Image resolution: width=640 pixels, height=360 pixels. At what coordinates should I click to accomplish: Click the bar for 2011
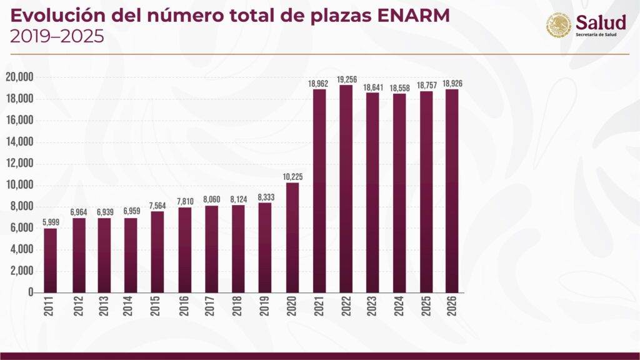[50, 260]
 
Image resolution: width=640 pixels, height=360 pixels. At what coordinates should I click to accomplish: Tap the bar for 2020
[292, 237]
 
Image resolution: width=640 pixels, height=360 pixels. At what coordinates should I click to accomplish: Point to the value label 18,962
[319, 83]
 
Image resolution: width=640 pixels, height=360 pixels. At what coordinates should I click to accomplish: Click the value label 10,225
[292, 176]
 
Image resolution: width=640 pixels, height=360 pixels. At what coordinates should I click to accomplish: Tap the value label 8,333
[265, 196]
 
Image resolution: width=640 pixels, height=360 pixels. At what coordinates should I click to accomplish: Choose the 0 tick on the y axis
[30, 292]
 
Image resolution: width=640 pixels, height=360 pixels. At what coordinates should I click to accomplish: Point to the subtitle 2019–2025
[57, 37]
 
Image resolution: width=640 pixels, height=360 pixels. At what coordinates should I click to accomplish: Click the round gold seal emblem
[559, 26]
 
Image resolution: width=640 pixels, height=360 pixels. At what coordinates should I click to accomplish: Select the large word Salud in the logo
[601, 22]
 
